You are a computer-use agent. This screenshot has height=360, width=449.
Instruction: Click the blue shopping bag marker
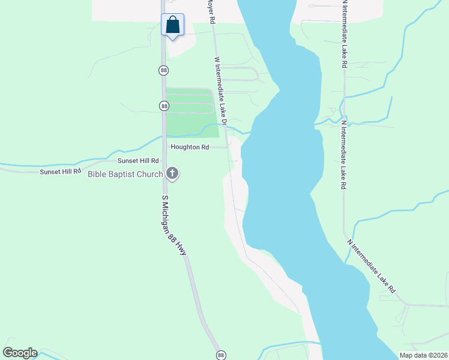(x=172, y=25)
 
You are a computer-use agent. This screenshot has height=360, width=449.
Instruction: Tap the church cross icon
(x=172, y=175)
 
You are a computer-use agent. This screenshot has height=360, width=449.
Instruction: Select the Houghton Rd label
(x=189, y=146)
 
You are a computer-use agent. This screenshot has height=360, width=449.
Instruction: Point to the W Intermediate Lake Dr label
(x=220, y=91)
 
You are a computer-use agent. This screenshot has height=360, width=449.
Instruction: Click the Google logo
(x=20, y=353)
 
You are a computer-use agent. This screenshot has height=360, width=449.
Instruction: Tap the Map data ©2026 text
(x=423, y=355)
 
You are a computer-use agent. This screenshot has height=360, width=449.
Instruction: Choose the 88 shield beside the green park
(x=164, y=106)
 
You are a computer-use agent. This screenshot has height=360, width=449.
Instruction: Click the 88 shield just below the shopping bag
(x=164, y=70)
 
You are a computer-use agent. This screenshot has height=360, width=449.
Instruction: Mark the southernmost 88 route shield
(x=221, y=355)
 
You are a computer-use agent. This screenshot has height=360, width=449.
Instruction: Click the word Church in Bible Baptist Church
(x=149, y=175)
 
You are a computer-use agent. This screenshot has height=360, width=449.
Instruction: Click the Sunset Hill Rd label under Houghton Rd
(x=138, y=161)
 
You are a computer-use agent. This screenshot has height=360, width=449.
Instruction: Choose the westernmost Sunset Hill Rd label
(x=60, y=172)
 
